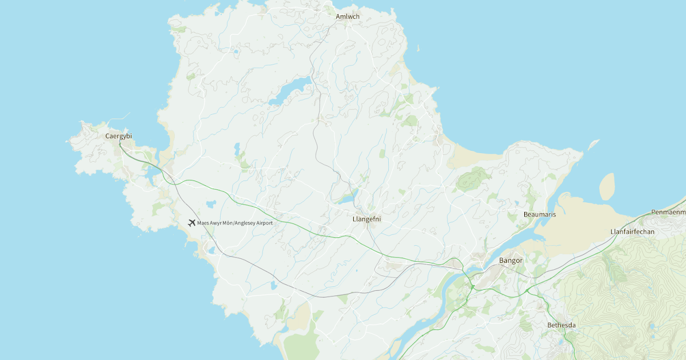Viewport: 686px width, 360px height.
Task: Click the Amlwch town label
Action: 348,17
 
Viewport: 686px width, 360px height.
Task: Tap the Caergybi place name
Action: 118,136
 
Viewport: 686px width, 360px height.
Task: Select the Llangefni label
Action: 367,219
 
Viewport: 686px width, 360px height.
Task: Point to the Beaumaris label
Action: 540,214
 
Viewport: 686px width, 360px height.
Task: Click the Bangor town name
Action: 511,261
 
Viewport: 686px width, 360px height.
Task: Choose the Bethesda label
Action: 561,325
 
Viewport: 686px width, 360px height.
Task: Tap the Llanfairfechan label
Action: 632,231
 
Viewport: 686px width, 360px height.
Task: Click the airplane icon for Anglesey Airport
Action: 192,222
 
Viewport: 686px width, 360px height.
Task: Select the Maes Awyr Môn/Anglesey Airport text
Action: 235,223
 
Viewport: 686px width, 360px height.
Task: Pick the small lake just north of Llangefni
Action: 346,199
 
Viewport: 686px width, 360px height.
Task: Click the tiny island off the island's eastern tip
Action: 594,144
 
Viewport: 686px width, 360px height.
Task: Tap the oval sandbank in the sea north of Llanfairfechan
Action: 607,186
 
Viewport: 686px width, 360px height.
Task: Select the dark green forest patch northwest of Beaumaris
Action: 473,180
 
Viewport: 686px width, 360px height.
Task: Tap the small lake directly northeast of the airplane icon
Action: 211,203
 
